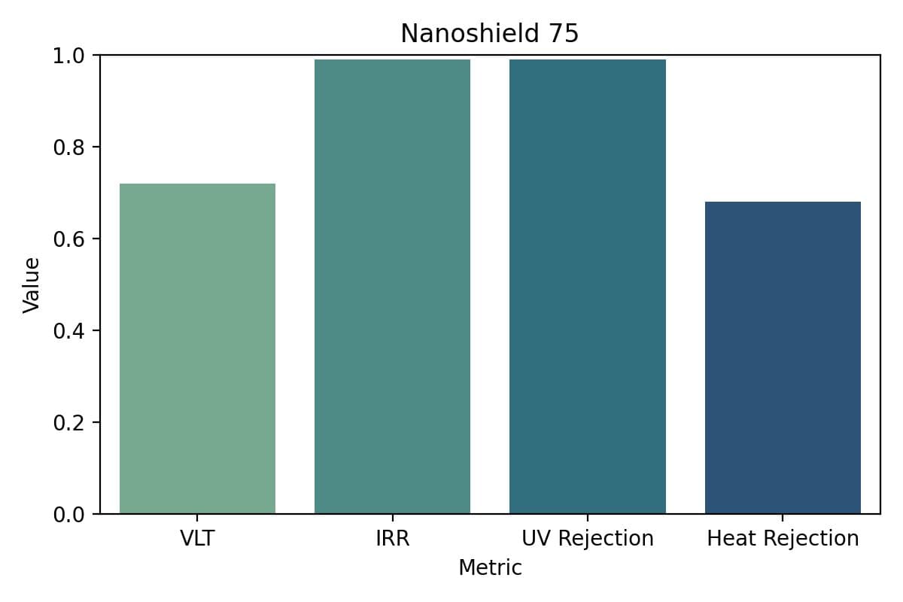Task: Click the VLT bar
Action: click(197, 348)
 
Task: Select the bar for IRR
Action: click(392, 287)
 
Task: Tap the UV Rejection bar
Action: click(587, 287)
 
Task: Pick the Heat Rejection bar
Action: click(783, 357)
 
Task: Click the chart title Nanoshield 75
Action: click(489, 34)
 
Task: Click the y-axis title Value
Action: click(31, 284)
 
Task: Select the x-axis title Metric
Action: click(490, 567)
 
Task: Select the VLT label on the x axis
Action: click(197, 539)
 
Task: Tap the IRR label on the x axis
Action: click(392, 539)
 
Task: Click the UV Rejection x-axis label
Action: click(587, 539)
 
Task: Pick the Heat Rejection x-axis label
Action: click(783, 539)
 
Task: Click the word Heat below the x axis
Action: click(727, 539)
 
